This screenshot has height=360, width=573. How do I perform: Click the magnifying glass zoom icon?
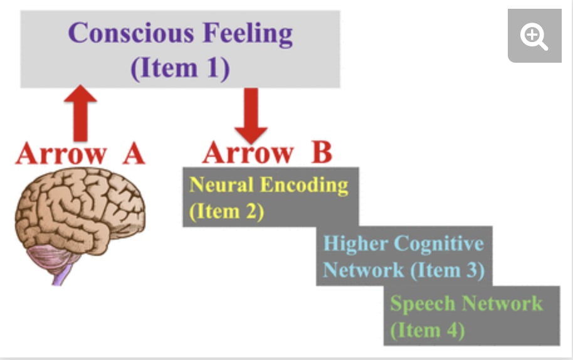pos(534,37)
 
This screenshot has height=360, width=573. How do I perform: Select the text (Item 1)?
pos(180,67)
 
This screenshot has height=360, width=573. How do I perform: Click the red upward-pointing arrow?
pos(80,113)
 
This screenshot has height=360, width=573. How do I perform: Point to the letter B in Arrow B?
pos(321,153)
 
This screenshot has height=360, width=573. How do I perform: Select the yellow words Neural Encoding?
pos(268,185)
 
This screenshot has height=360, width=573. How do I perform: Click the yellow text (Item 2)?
pos(226,211)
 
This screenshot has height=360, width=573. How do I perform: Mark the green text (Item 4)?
pos(427,330)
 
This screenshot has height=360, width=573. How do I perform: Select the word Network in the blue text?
pos(363,270)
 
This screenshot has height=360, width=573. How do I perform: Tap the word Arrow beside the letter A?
pos(60,153)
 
